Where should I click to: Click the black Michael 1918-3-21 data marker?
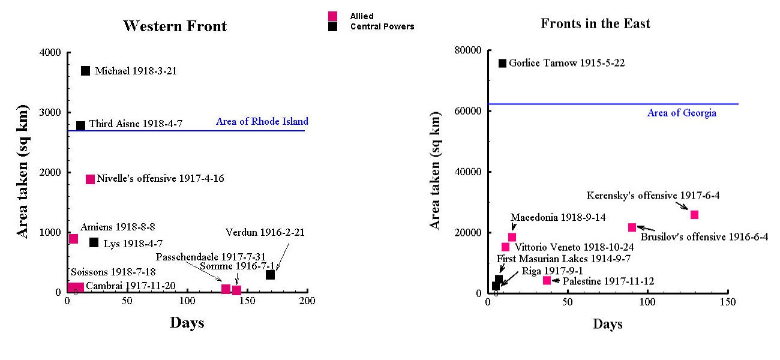[x=85, y=71]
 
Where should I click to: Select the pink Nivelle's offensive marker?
[x=90, y=179]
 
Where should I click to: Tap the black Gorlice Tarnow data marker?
[x=502, y=63]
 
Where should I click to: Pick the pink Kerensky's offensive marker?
[x=694, y=215]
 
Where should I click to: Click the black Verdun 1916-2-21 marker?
[x=270, y=275]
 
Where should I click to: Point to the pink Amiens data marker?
[x=73, y=239]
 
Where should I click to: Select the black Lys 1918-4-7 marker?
[x=94, y=242]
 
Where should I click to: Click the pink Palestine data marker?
[x=547, y=280]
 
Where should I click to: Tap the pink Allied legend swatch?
[x=333, y=16]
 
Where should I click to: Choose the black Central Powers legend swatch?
[x=333, y=26]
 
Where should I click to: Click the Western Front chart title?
[x=175, y=26]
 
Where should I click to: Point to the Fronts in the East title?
[x=595, y=24]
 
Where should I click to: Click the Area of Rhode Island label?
[x=262, y=122]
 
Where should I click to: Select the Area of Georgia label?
[x=682, y=113]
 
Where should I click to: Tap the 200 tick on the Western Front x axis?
[x=307, y=301]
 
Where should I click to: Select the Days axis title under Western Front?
[x=187, y=323]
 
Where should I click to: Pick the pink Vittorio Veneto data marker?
[x=506, y=247]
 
